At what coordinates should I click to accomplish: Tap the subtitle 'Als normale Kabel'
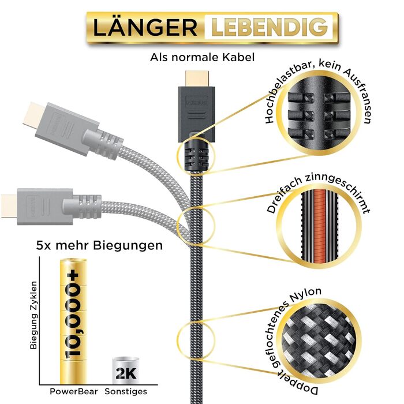click(x=202, y=57)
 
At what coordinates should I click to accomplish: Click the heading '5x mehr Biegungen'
click(x=99, y=245)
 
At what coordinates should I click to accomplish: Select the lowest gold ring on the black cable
click(x=193, y=340)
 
